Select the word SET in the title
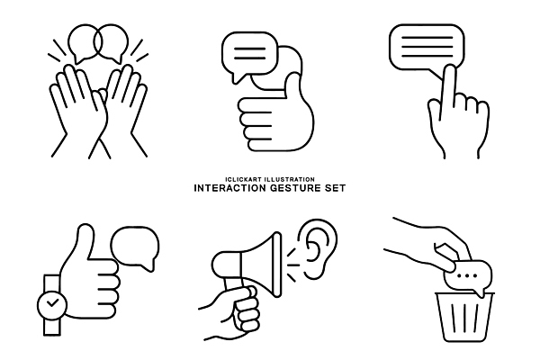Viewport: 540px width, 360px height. click(x=335, y=188)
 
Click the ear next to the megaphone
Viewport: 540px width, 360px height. click(x=318, y=248)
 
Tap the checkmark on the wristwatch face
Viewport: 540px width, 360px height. click(x=52, y=303)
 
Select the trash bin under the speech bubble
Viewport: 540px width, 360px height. click(x=464, y=317)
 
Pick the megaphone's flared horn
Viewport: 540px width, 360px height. click(x=261, y=265)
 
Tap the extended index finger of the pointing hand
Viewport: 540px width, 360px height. click(x=449, y=86)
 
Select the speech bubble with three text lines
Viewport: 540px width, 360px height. click(x=427, y=49)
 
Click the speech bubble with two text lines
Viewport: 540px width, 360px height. click(x=249, y=55)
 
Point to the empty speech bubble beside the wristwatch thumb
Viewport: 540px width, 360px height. click(x=136, y=247)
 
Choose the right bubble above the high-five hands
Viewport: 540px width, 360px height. click(x=111, y=42)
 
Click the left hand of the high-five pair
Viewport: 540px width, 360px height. click(x=79, y=110)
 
